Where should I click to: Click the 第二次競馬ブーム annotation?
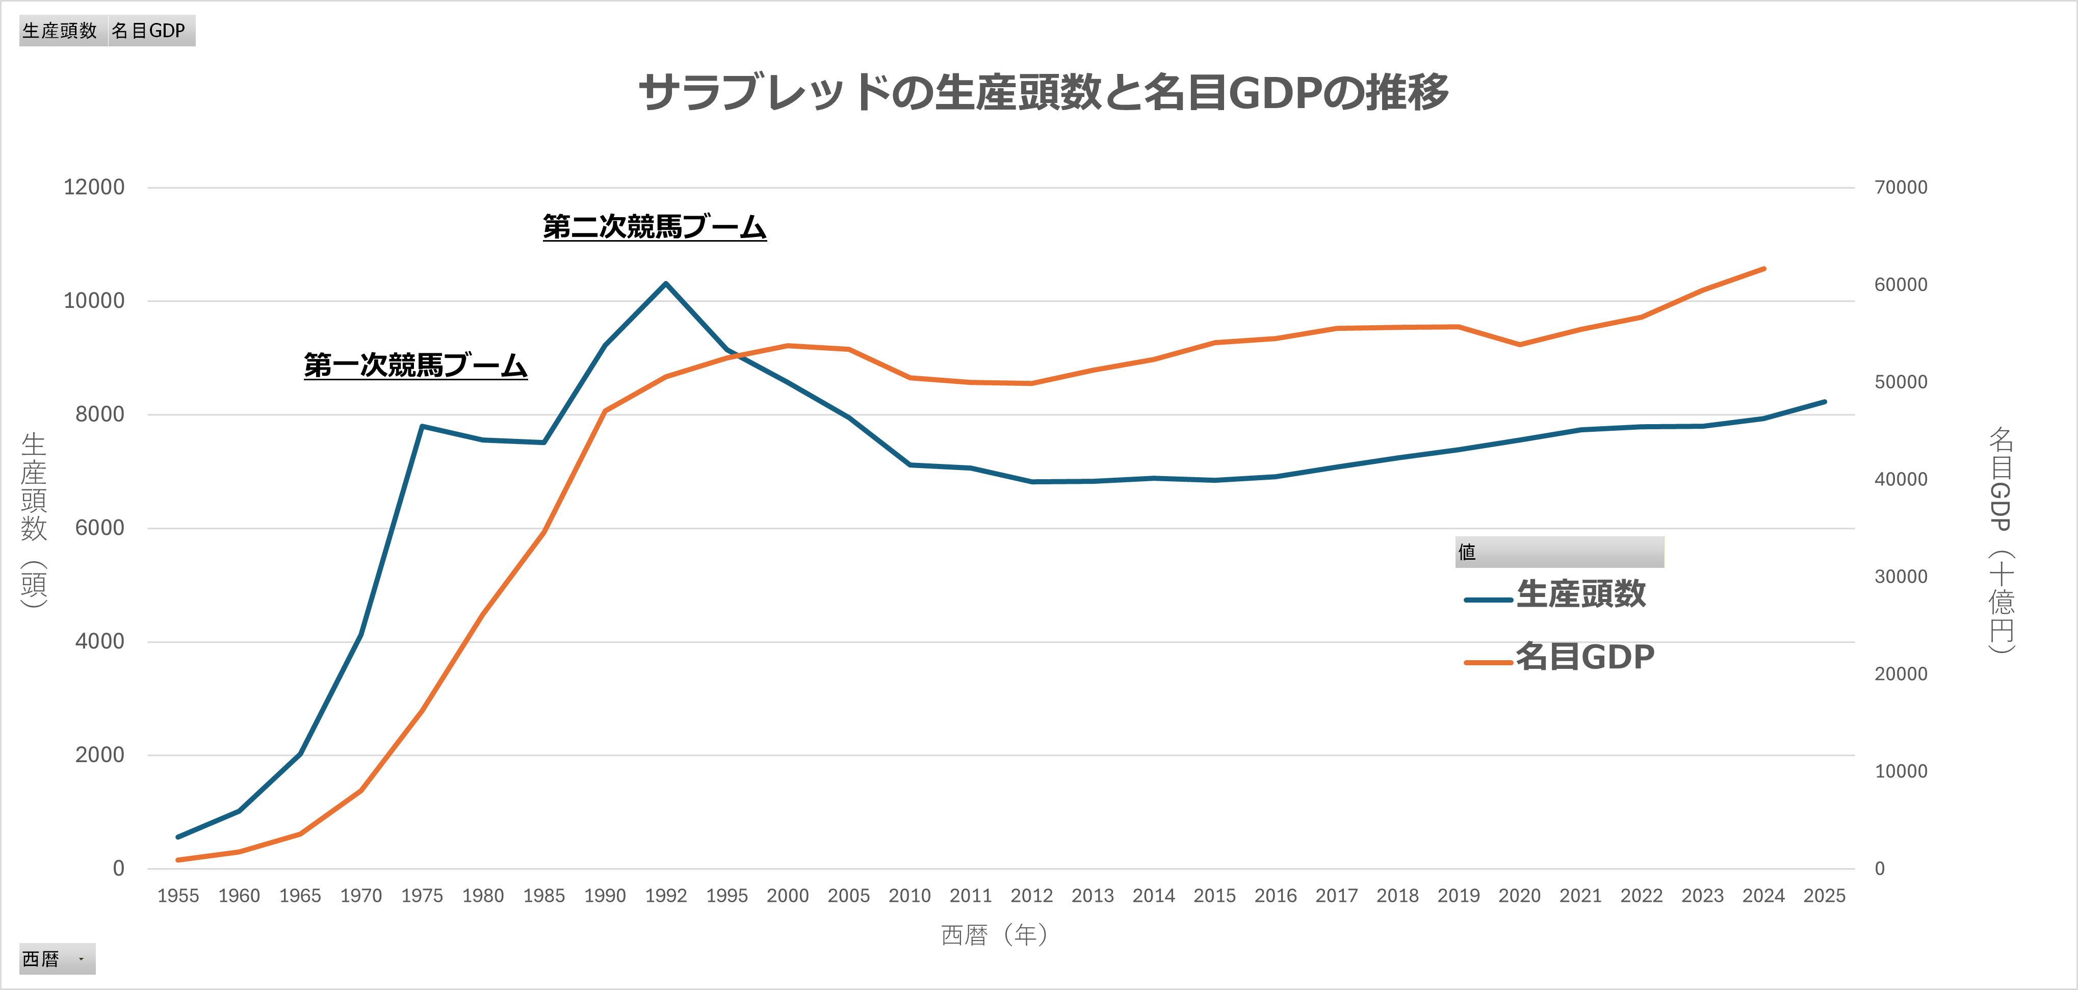(654, 227)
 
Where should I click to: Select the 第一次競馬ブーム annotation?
(415, 366)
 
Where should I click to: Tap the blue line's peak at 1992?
(665, 283)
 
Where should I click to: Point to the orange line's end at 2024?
(1763, 269)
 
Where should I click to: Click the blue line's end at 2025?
(1824, 402)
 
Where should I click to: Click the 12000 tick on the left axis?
(94, 187)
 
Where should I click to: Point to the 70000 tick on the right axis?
(1901, 187)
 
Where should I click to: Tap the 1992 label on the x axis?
(665, 896)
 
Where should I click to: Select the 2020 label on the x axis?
(1519, 896)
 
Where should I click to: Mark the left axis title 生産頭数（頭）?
(34, 520)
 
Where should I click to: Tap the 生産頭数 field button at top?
(61, 31)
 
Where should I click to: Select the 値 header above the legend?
(1558, 552)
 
